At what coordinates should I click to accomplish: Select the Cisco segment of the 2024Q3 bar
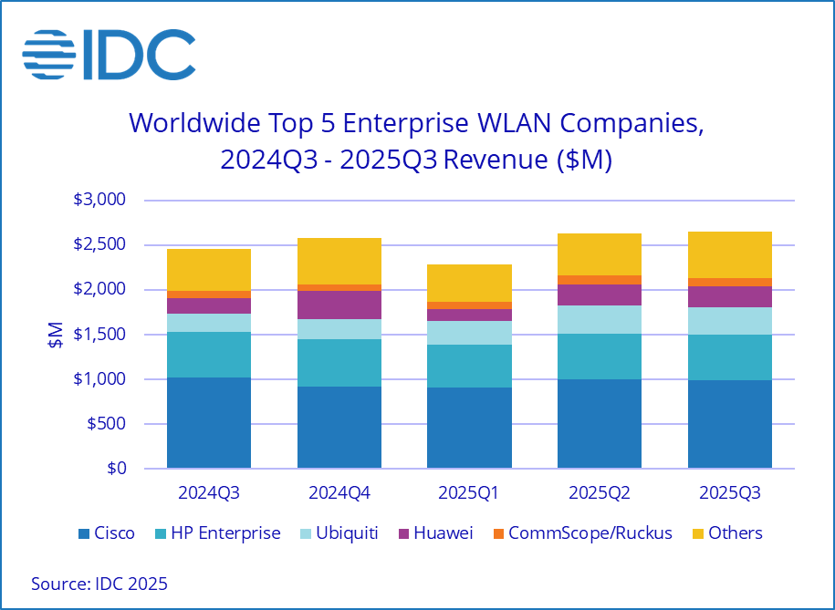coord(209,423)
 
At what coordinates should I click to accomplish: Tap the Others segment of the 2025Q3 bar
coord(729,254)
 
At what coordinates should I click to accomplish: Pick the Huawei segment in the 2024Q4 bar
coord(339,305)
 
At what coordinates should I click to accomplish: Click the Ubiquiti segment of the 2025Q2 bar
coord(599,319)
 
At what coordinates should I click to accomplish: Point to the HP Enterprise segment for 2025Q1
coord(469,366)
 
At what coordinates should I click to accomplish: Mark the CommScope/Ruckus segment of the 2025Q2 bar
coord(599,280)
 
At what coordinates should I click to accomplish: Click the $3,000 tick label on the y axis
coord(98,200)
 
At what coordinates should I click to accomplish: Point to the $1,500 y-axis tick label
coord(98,335)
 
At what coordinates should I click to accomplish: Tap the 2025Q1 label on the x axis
coord(469,493)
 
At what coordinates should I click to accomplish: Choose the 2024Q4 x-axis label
coord(339,493)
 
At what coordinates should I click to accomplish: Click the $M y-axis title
coord(54,335)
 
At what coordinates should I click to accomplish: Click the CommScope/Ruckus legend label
coord(590,533)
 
